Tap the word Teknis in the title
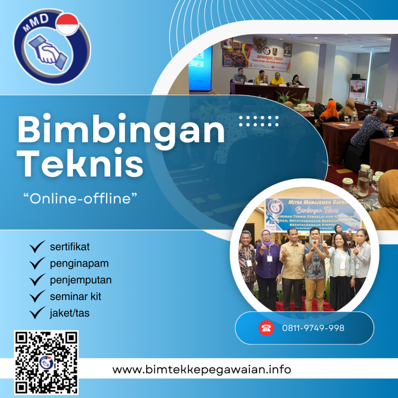coord(82,164)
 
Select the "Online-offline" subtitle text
coord(81,199)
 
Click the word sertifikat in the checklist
coord(70,246)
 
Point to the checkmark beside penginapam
coord(37,264)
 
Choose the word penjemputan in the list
coord(81,280)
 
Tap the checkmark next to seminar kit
coord(37,297)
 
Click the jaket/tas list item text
coord(70,312)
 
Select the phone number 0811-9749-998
coord(313,328)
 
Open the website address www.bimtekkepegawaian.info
coord(202,369)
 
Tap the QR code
coord(46,362)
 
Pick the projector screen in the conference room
coord(200,69)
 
